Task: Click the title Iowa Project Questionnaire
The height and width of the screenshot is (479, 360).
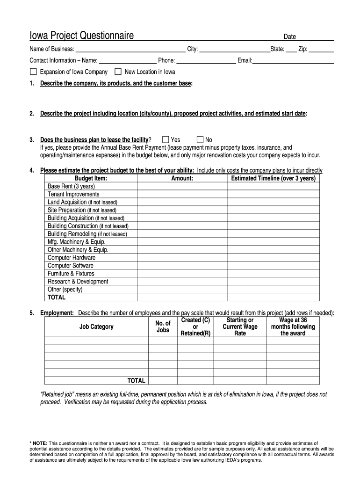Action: pos(82,36)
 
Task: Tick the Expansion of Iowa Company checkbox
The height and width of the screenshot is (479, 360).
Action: pos(33,72)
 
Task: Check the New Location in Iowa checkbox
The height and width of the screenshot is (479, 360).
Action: pos(118,72)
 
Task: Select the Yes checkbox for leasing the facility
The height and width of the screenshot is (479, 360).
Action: pos(166,139)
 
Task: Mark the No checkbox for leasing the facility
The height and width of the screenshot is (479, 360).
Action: pos(200,139)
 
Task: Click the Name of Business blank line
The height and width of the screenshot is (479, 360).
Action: pos(130,50)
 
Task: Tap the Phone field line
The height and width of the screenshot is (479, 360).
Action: pos(206,61)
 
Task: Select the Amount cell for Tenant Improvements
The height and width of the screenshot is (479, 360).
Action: pos(182,194)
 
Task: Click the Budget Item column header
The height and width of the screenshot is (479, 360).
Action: pos(91,178)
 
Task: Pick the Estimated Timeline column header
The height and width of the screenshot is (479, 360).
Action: pos(273,178)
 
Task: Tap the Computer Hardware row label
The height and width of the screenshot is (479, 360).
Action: pos(72,258)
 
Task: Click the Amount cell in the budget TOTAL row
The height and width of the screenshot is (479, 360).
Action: pos(182,298)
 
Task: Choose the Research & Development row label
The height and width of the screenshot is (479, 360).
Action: pos(78,282)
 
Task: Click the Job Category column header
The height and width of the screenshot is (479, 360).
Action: pos(96,327)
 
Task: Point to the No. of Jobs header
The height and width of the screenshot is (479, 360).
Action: pos(163,327)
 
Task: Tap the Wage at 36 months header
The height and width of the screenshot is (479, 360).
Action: pos(293,327)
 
